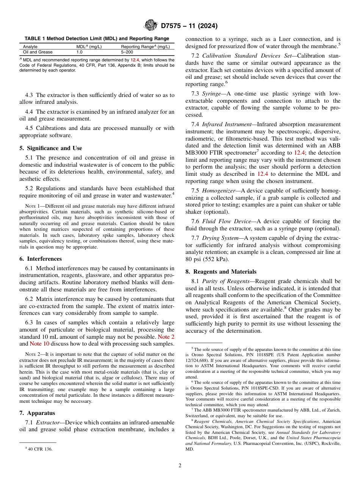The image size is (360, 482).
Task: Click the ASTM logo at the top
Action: pyautogui.click(x=150, y=26)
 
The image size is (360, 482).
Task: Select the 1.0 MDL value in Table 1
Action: pyautogui.click(x=80, y=52)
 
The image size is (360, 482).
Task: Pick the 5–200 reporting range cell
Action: pyautogui.click(x=127, y=52)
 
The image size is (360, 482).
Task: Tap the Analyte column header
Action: pyautogui.click(x=30, y=47)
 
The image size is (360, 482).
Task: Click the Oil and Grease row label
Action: pyautogui.click(x=38, y=52)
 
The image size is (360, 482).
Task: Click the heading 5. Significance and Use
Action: pyautogui.click(x=50, y=148)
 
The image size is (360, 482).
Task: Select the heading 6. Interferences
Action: pyautogui.click(x=41, y=259)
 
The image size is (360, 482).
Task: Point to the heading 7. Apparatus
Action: pyautogui.click(x=37, y=413)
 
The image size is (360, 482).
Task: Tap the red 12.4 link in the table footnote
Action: pyautogui.click(x=135, y=60)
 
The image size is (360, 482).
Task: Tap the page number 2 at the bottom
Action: pyautogui.click(x=180, y=466)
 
